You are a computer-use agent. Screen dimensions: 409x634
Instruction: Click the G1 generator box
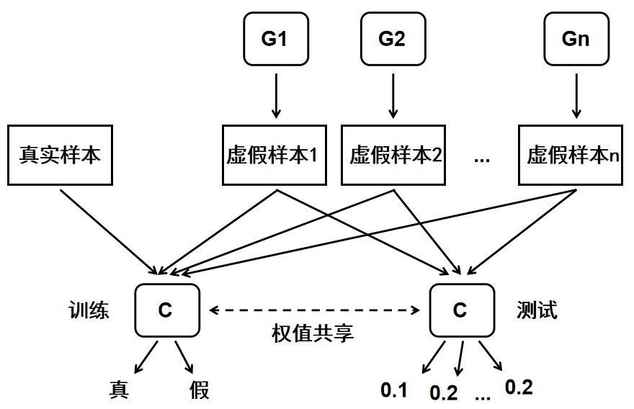point(274,39)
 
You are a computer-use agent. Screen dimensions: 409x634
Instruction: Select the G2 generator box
point(392,39)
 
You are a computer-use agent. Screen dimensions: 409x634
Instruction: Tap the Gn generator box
point(576,39)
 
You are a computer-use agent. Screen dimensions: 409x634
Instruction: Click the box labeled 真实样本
point(61,155)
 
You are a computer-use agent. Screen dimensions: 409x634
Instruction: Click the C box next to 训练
point(166,310)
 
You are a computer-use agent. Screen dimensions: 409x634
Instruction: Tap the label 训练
point(89,310)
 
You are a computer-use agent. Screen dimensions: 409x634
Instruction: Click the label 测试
point(537,310)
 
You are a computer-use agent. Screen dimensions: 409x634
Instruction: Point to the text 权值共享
point(313,333)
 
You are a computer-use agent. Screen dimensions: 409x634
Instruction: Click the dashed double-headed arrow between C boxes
point(313,310)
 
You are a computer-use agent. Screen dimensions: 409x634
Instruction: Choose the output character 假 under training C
point(200,390)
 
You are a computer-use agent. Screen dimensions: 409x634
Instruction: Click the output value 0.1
point(394,390)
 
